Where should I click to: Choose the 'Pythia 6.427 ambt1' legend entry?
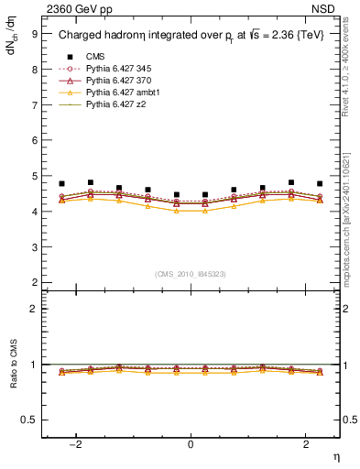click(x=120, y=93)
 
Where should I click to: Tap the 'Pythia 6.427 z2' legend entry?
click(x=114, y=104)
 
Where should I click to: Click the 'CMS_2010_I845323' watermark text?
click(x=191, y=273)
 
